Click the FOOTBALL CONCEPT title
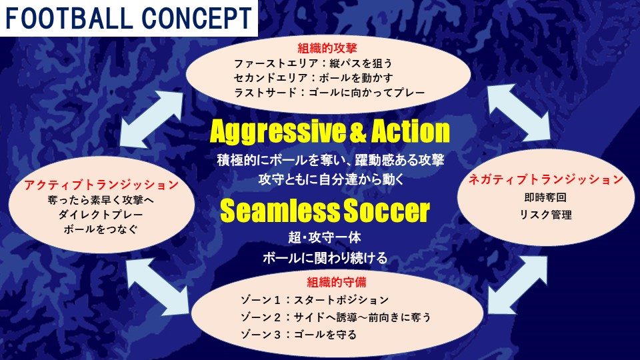coord(129,18)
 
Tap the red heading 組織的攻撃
coord(327,48)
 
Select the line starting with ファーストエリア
coord(313,63)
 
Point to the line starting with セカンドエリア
coord(313,77)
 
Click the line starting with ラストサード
coord(329,93)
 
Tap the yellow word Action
coord(411,131)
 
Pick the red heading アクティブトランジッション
coord(101,185)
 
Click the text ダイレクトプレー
coord(101,215)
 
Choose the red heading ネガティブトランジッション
coord(546,179)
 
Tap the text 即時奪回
coord(546,197)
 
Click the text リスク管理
coord(546,215)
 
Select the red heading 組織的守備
coord(337,282)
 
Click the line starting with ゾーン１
coord(315,300)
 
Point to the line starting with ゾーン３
coord(299,335)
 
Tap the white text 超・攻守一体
coord(325,237)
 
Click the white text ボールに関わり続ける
coord(325,258)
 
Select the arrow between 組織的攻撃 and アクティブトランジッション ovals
coord(152,119)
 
